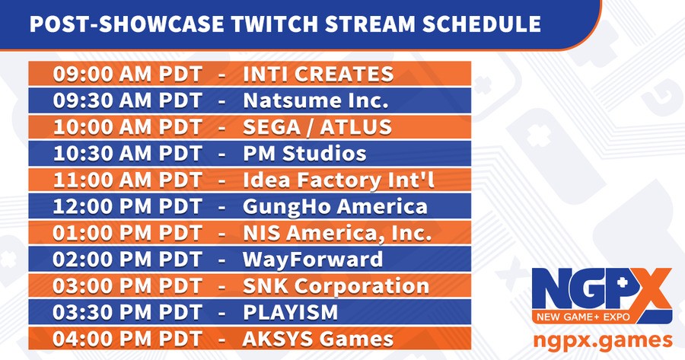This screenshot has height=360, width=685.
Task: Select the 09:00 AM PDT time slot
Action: pyautogui.click(x=128, y=74)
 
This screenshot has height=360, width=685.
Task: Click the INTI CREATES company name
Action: pyautogui.click(x=317, y=74)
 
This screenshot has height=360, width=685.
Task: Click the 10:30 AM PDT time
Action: pyautogui.click(x=128, y=153)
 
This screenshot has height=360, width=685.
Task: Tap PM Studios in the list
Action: pyautogui.click(x=304, y=153)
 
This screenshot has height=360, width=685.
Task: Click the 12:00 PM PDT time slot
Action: pyautogui.click(x=128, y=206)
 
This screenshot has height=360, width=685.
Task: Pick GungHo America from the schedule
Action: pyautogui.click(x=335, y=206)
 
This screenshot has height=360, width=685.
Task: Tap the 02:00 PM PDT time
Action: pyautogui.click(x=128, y=260)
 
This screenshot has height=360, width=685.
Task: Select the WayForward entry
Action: pyautogui.click(x=313, y=260)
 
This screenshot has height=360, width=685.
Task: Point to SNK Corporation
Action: pyautogui.click(x=336, y=286)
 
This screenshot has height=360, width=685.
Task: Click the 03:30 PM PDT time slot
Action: pyautogui.click(x=128, y=313)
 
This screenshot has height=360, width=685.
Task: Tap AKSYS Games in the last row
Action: pyautogui.click(x=318, y=339)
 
